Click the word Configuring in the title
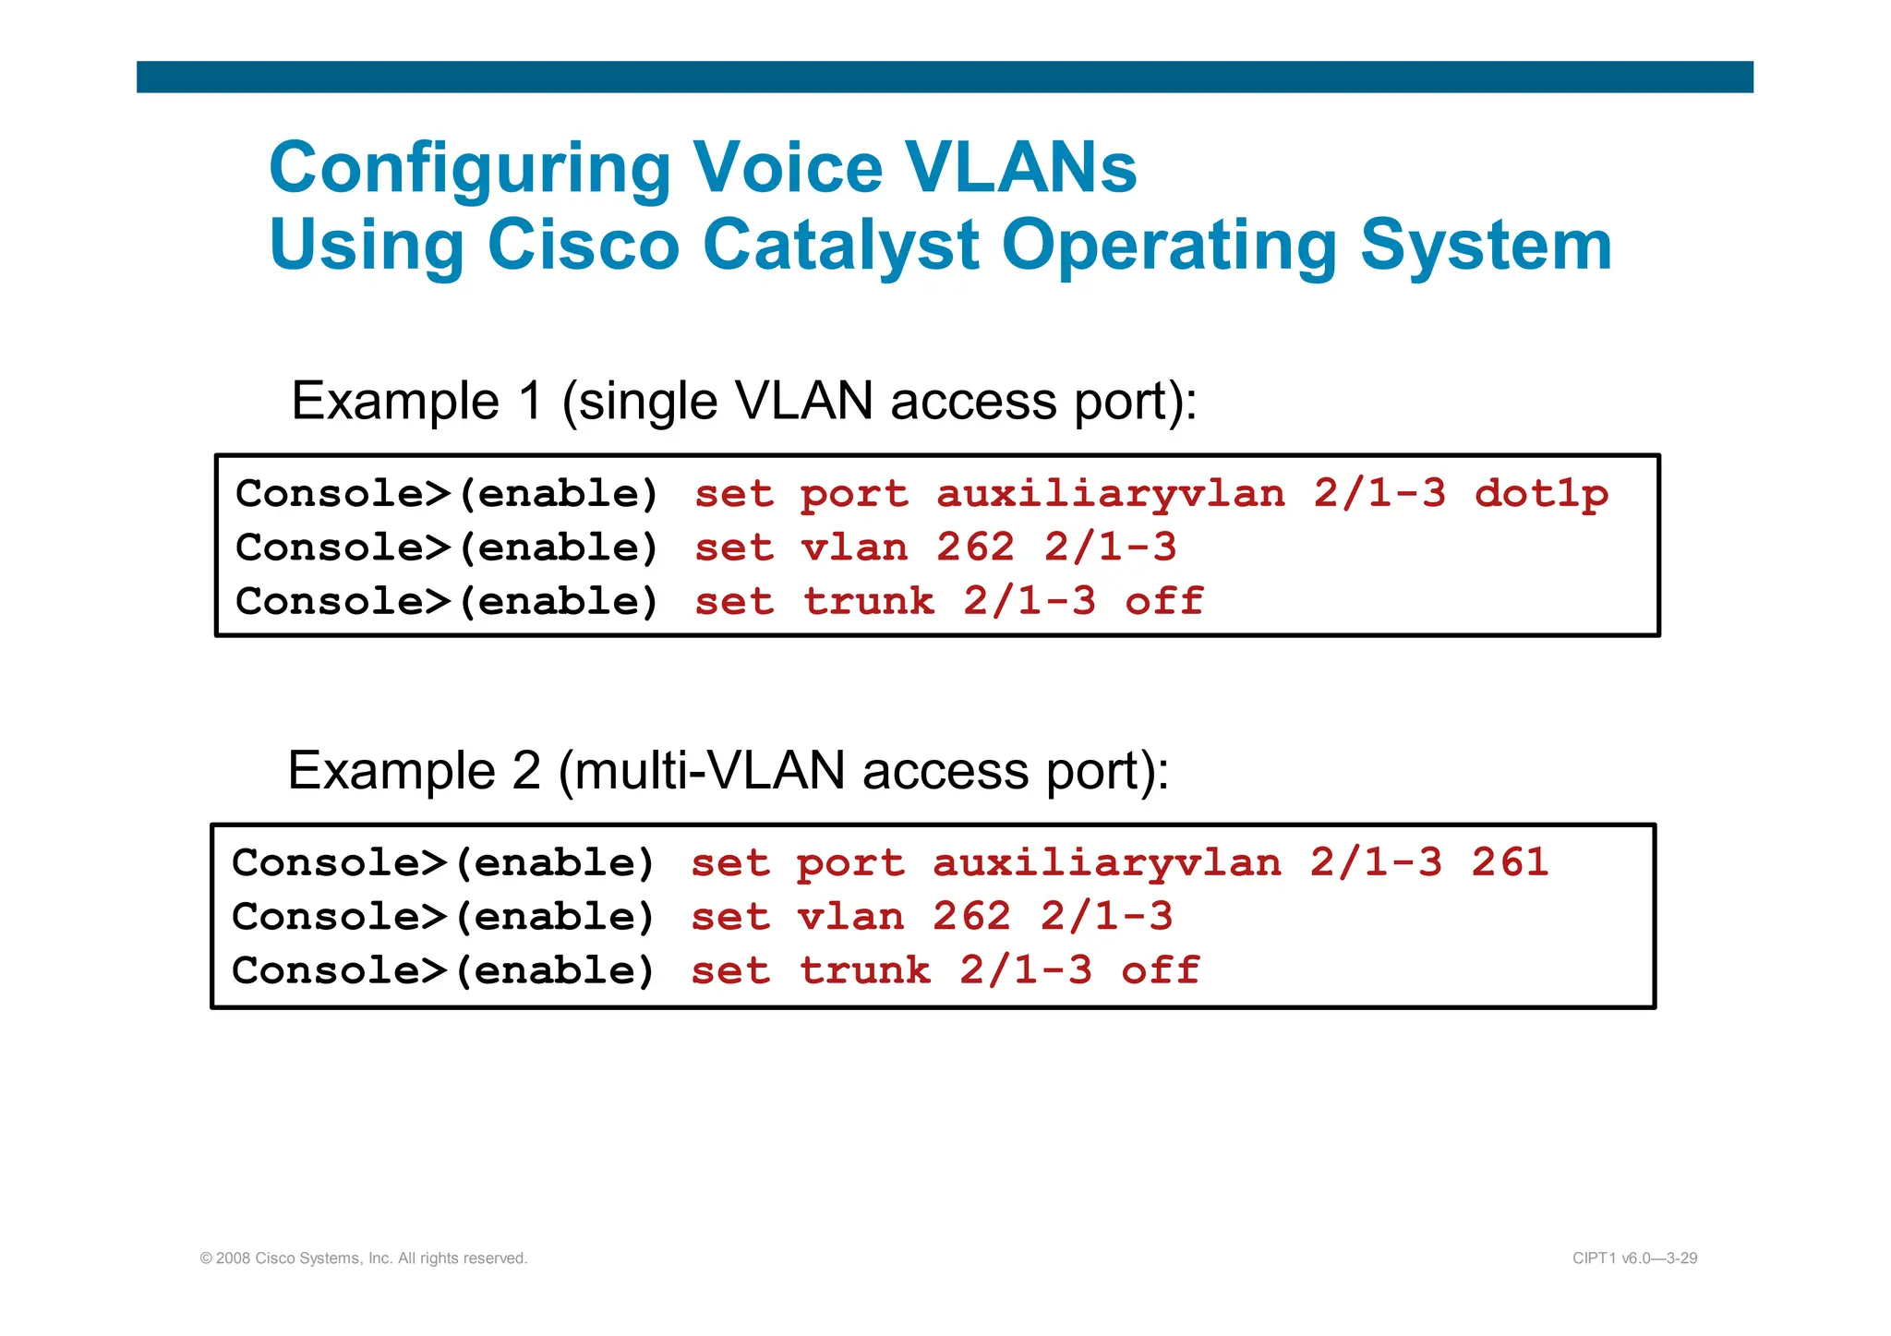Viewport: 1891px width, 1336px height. coord(469,169)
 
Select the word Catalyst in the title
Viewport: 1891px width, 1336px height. coord(840,246)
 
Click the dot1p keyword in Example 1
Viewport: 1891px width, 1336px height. coord(1541,494)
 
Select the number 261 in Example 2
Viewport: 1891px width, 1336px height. coord(1510,862)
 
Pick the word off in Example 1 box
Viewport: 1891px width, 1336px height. coord(1163,601)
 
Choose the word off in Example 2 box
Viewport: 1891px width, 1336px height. coord(1160,970)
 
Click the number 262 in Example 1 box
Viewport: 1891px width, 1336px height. coord(975,548)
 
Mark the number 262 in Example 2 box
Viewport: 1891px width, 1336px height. coord(971,917)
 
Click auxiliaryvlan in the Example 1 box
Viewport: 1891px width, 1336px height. coord(1111,494)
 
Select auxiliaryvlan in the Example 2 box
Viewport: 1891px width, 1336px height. coord(1107,862)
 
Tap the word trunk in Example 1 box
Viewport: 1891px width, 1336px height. coord(868,601)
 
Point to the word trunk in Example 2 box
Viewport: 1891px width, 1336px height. coord(864,970)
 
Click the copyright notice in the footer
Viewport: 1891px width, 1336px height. coord(364,1258)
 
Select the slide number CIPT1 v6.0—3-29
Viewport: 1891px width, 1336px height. coord(1634,1258)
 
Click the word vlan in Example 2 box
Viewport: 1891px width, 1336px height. coord(850,917)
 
